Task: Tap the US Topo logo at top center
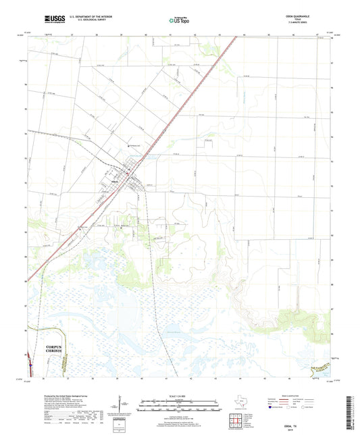(x=178, y=21)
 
